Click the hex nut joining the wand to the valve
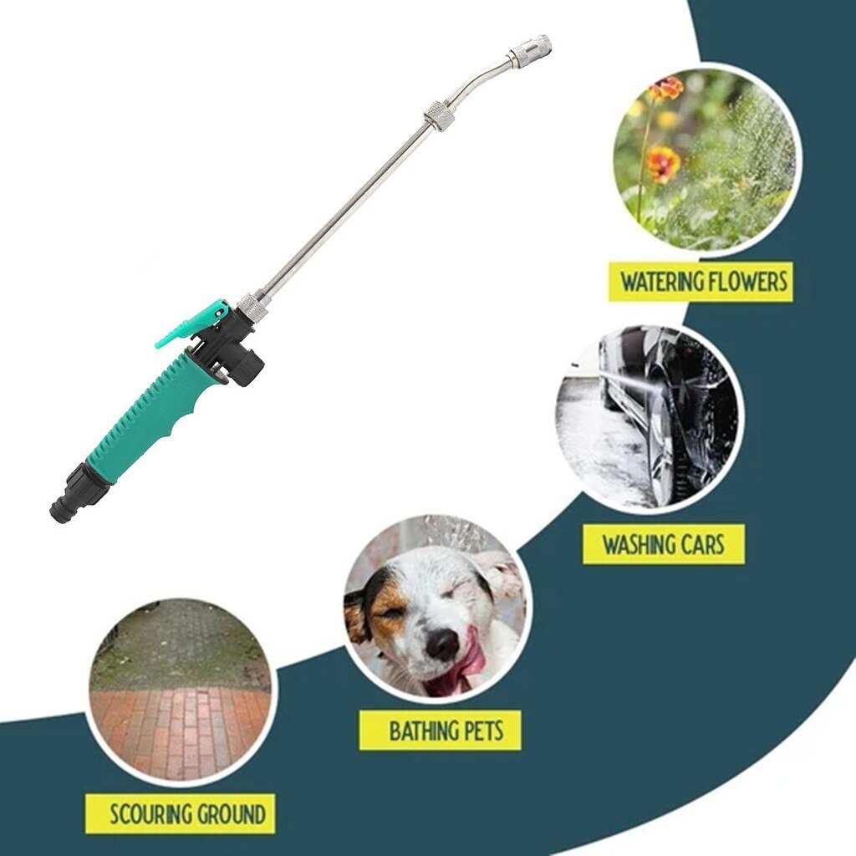[x=252, y=307]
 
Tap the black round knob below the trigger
[x=247, y=366]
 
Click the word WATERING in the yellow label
[x=659, y=283]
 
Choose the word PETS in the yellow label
[x=486, y=731]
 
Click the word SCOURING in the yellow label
[x=151, y=813]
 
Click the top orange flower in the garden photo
[x=667, y=88]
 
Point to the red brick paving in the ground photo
[x=180, y=727]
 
